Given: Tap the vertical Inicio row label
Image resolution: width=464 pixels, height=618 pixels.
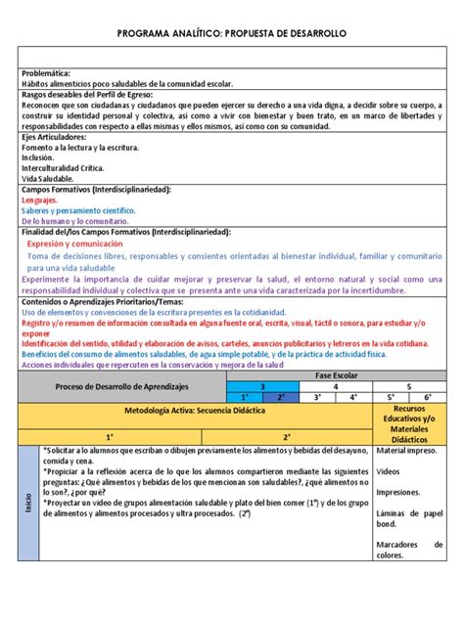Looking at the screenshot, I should (29, 504).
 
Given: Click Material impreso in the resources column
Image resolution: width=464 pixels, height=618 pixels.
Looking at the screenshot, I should (408, 450).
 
